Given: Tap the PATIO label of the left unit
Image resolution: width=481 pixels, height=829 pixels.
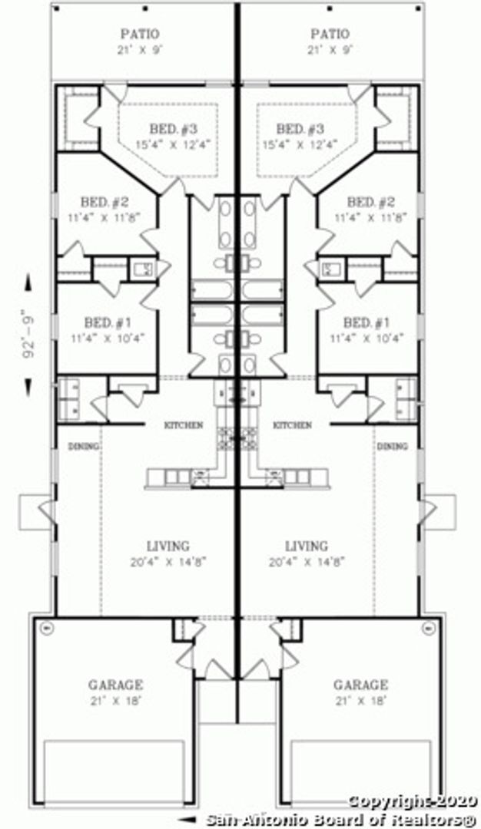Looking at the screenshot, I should click(x=140, y=34).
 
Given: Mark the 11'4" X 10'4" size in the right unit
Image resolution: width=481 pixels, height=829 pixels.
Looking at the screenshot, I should click(x=367, y=337).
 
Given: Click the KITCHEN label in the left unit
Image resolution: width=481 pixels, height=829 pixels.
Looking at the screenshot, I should click(x=184, y=424).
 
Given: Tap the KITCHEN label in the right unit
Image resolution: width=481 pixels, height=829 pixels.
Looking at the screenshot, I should click(x=293, y=424).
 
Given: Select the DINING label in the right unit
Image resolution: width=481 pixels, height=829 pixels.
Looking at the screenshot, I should click(x=392, y=446).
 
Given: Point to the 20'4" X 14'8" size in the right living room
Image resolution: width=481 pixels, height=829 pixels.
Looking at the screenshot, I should click(x=307, y=561).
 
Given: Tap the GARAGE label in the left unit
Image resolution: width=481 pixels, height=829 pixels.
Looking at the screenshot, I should click(x=115, y=685).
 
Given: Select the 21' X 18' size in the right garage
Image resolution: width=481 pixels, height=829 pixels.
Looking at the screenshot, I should click(x=360, y=700).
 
